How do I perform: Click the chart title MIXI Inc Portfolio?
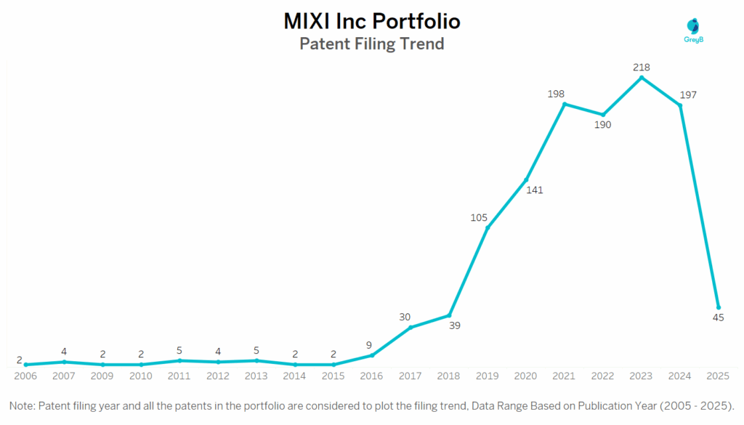point(371,21)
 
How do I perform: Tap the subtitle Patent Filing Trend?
point(371,44)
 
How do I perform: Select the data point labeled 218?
point(641,78)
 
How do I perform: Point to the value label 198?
point(556,94)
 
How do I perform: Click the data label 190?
point(602,125)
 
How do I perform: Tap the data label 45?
point(718,317)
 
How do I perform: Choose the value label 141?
point(534,190)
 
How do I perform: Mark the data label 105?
point(479,216)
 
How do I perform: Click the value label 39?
point(456,325)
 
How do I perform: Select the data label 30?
point(405,317)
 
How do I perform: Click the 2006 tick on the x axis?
point(25,376)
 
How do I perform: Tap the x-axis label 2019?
point(487,376)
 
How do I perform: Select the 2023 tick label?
point(641,376)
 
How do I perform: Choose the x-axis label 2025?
point(718,376)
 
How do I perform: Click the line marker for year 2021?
point(565,104)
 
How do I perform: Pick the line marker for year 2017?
point(411,328)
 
